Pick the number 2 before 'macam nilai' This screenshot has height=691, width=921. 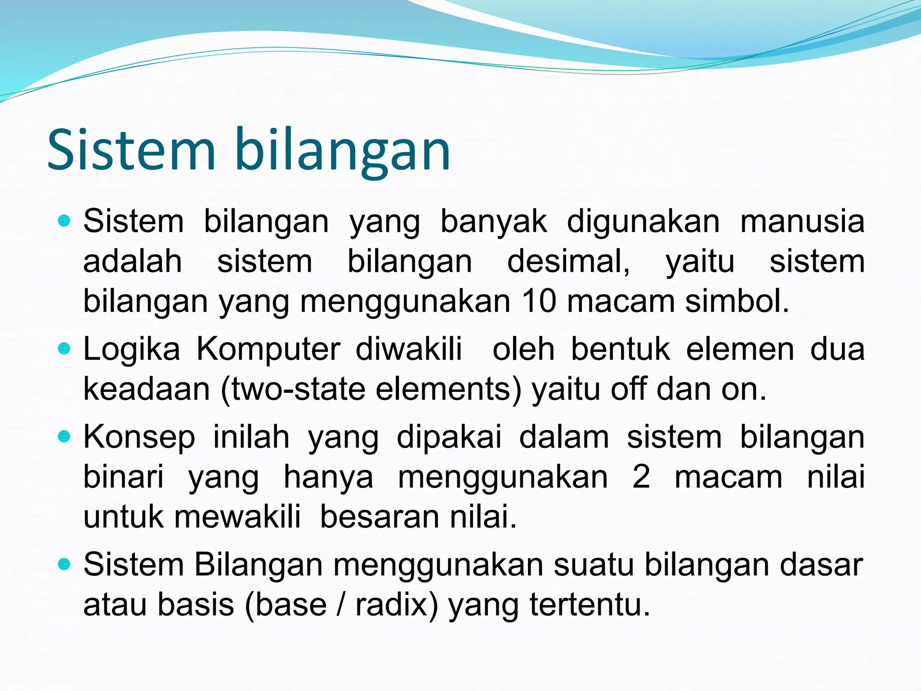640,476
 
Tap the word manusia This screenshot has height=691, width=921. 802,221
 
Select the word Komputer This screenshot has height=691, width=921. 268,350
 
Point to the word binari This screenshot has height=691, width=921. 123,476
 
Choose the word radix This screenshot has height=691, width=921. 396,605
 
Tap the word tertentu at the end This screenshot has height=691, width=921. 589,605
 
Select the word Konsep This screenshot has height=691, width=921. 139,437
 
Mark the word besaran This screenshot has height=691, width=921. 380,516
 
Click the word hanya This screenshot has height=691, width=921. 328,477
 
